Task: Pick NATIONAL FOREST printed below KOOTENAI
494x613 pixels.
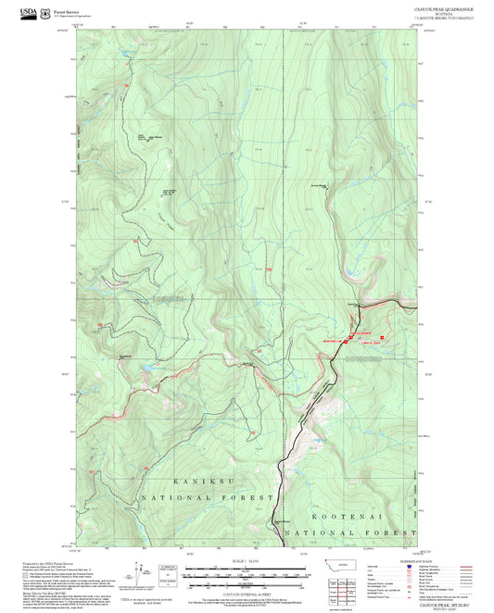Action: point(350,533)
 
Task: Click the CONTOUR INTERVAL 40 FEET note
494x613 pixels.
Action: point(247,593)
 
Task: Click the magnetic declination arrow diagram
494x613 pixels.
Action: point(141,570)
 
